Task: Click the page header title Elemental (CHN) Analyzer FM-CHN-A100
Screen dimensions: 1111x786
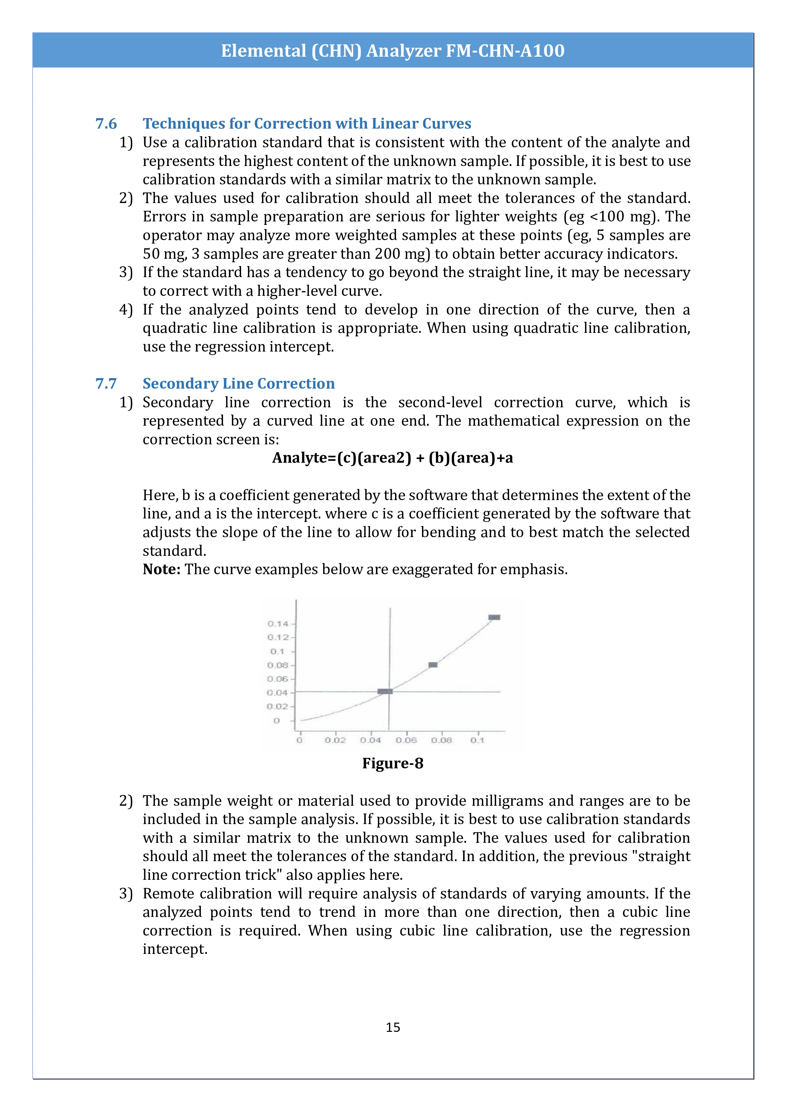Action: [x=393, y=51]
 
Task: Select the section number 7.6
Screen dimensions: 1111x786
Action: [x=106, y=124]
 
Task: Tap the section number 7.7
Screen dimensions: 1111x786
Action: [x=106, y=384]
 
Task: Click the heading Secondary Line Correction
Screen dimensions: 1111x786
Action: [x=238, y=384]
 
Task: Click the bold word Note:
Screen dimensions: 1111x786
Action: [x=161, y=569]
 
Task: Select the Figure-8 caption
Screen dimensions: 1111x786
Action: [x=393, y=764]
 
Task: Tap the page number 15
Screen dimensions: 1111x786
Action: [x=393, y=1027]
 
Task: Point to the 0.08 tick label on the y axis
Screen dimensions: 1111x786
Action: [x=278, y=665]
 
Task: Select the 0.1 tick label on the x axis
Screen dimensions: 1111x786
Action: [x=477, y=740]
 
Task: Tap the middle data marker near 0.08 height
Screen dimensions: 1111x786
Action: [x=433, y=665]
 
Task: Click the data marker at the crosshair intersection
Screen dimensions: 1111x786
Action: [x=385, y=691]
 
